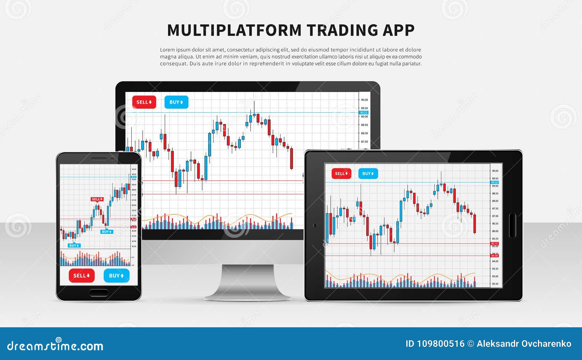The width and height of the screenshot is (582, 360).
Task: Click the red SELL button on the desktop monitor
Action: tap(144, 102)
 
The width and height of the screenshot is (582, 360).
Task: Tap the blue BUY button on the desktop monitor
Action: tap(176, 102)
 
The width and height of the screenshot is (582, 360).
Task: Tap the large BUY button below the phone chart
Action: tap(116, 276)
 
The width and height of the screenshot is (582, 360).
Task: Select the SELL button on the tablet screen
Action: tap(341, 173)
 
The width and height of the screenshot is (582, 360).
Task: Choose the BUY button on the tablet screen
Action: tap(368, 173)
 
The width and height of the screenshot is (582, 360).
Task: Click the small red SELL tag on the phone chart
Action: tap(97, 199)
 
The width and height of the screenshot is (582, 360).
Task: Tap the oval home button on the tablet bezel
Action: tap(512, 225)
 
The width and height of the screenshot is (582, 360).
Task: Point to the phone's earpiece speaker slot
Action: tap(99, 159)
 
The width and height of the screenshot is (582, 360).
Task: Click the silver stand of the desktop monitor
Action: tap(248, 282)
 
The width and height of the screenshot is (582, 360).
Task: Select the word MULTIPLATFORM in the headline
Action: tap(234, 30)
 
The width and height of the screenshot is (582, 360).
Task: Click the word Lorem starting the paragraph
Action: tap(167, 50)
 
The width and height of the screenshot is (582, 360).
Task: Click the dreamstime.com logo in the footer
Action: tap(55, 345)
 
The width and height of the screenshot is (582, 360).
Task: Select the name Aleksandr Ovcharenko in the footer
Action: tap(524, 344)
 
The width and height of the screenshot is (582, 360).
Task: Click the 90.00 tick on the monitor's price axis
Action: tap(364, 100)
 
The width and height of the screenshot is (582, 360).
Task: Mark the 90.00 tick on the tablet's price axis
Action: tap(495, 171)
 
